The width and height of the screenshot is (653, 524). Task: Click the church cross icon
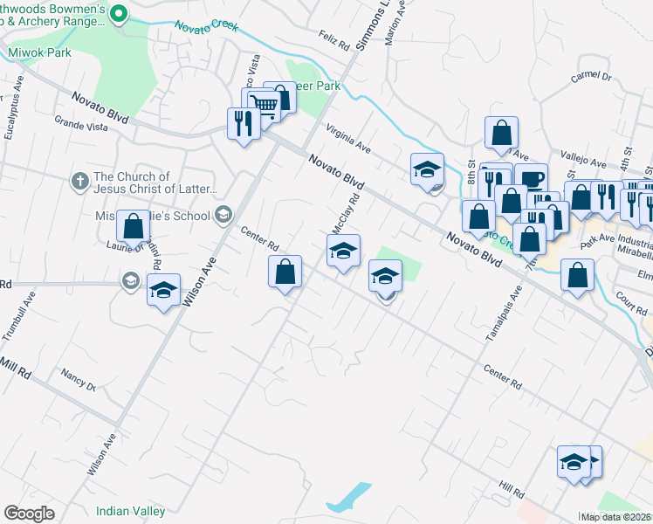pos(79,182)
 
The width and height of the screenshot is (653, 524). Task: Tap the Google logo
pos(30,514)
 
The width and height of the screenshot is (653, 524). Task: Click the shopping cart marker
pos(265,105)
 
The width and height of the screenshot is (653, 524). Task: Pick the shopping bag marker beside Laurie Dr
pos(132,227)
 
